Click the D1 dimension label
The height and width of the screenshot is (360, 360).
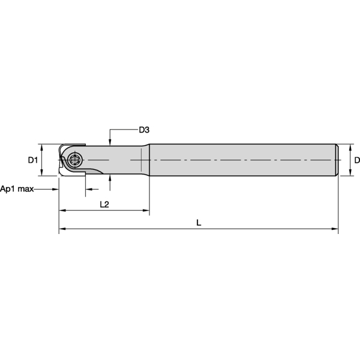(33, 160)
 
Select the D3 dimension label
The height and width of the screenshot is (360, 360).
(144, 130)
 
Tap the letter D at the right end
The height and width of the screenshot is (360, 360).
(356, 160)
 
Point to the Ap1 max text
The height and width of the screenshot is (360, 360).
(17, 188)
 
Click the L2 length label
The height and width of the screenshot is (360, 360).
(103, 204)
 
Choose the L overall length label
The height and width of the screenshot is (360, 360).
(199, 223)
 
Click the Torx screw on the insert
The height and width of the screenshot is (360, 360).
(75, 160)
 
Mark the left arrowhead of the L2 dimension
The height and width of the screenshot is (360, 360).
(62, 211)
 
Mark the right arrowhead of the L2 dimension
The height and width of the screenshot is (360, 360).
(146, 211)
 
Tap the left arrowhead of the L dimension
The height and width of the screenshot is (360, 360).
(62, 229)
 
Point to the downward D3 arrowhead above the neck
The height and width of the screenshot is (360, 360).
(111, 142)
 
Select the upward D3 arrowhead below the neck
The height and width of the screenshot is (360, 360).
(111, 178)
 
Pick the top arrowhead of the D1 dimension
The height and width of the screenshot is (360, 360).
(41, 146)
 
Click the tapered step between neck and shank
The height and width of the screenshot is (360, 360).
(146, 160)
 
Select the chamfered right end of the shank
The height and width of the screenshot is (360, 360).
(336, 160)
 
